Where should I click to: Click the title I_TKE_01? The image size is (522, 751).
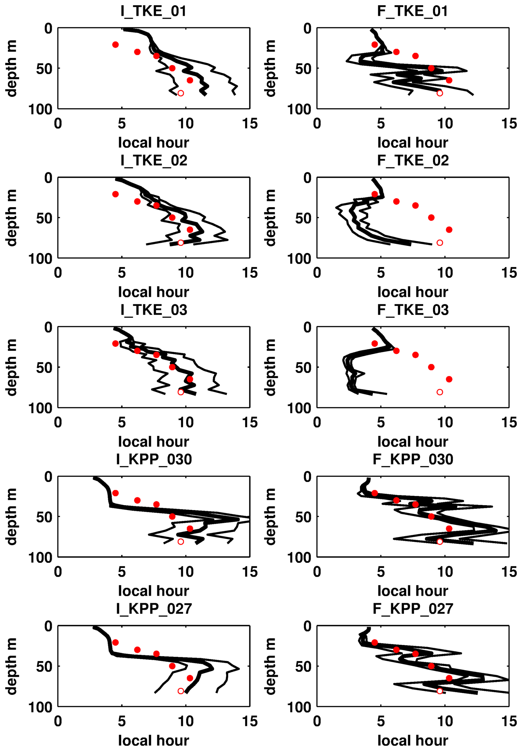[153, 11]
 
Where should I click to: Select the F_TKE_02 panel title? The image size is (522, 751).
[413, 161]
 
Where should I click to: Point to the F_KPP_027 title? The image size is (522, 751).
[413, 609]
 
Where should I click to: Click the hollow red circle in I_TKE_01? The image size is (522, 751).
[180, 93]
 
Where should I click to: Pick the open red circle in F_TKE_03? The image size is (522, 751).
[440, 392]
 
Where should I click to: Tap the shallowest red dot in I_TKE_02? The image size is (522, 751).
[115, 194]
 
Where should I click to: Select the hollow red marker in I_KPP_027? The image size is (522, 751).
[180, 691]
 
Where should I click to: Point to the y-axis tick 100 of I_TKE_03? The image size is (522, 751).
[40, 408]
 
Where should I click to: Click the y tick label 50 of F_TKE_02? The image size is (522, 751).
[303, 218]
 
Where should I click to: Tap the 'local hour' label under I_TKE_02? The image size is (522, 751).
[153, 292]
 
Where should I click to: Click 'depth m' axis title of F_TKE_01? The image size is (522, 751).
[270, 68]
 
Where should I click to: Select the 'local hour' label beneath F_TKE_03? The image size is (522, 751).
[413, 441]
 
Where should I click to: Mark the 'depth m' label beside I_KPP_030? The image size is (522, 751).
[11, 516]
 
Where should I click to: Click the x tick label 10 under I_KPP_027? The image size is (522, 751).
[185, 721]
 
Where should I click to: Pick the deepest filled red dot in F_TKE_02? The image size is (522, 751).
[449, 230]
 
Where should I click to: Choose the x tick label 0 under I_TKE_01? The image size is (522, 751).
[58, 124]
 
